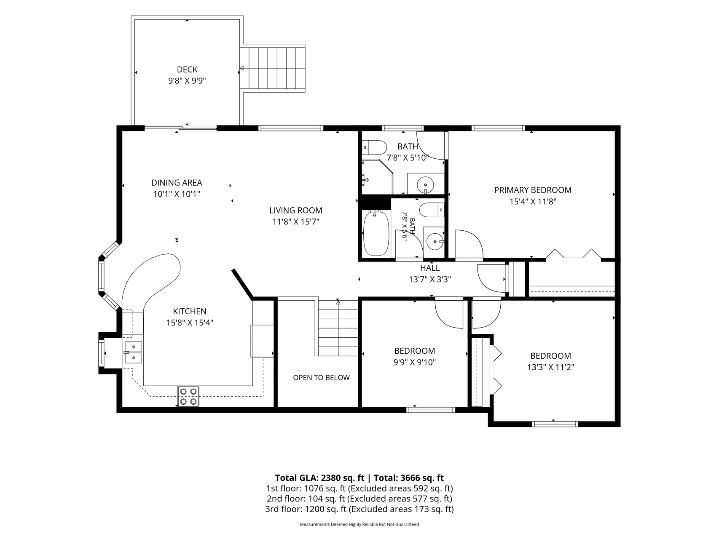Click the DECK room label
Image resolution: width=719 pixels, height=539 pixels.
tap(187, 69)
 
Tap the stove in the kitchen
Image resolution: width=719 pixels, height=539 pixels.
tap(188, 396)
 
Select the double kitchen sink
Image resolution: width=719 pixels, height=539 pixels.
tap(133, 352)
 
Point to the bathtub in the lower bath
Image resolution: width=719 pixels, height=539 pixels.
tap(376, 234)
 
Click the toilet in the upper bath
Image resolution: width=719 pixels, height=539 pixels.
tap(375, 148)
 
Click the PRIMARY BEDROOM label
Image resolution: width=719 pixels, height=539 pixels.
tap(533, 190)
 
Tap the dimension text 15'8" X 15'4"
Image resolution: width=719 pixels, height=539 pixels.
tap(190, 323)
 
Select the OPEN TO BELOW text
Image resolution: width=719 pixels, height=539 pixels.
tap(321, 378)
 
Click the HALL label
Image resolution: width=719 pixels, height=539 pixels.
tap(430, 268)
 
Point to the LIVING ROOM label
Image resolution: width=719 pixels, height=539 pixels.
tap(296, 210)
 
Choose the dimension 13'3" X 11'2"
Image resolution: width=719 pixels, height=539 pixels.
tap(550, 367)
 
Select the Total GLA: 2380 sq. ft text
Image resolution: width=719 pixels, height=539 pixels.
tap(319, 478)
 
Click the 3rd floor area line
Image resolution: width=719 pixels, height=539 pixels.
tap(359, 509)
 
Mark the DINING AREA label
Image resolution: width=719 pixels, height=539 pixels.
tap(177, 183)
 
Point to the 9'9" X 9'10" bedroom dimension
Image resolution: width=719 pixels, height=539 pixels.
tap(415, 362)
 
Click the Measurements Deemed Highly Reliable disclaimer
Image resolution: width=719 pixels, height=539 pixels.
tap(359, 525)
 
